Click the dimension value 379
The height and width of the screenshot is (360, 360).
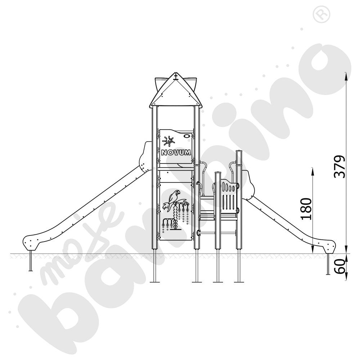coord(339,167)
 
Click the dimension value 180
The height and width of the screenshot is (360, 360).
coord(306,209)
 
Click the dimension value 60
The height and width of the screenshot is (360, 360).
coord(340,266)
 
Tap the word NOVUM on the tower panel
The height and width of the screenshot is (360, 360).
coord(176,152)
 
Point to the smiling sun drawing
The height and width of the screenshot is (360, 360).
coord(168,141)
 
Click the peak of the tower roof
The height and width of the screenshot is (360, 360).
coord(176,73)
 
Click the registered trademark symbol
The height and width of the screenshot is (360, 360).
coord(321,14)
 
